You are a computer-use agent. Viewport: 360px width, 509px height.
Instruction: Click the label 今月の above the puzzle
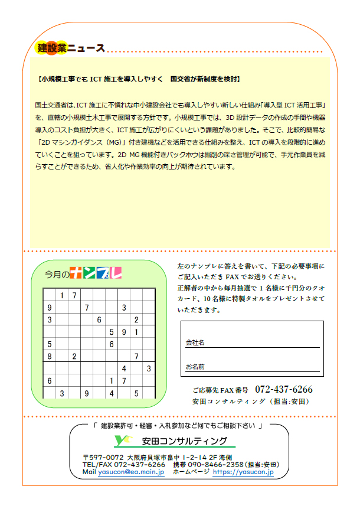tap(56, 273)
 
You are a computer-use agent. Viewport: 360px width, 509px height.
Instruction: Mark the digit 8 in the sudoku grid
tap(50, 356)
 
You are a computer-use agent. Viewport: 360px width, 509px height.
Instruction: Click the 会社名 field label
tap(195, 342)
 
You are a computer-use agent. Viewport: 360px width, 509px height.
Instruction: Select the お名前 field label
tap(195, 367)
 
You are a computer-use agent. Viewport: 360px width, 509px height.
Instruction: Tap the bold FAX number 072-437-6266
tap(283, 390)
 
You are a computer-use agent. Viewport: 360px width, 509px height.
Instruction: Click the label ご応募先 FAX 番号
tap(222, 390)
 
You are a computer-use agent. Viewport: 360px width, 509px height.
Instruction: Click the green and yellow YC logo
tap(123, 440)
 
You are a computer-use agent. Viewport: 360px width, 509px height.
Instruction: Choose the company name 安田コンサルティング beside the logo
tap(185, 441)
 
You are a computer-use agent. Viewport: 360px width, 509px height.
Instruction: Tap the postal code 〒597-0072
tap(103, 457)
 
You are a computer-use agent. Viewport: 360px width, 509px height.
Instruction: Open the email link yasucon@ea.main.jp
tap(131, 472)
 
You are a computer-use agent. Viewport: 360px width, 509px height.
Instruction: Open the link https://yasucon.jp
tap(243, 472)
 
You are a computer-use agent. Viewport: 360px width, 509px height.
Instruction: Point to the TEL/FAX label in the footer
tap(97, 465)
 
